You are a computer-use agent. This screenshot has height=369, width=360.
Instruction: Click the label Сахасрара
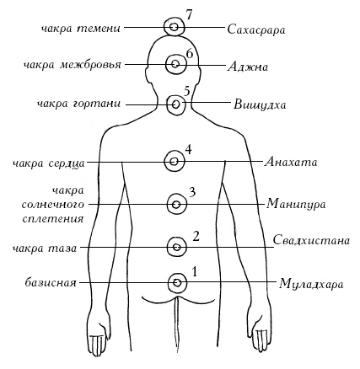256,29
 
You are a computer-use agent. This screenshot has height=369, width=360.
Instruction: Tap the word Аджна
248,67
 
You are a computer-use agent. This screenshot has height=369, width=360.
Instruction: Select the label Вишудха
260,104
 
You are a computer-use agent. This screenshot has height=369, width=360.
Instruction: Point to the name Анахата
291,162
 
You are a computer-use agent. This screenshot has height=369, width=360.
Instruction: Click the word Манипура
296,204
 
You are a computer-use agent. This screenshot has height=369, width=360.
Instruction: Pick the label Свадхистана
311,241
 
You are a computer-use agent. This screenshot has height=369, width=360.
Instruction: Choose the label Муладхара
311,284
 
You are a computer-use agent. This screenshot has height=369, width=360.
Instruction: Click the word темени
99,29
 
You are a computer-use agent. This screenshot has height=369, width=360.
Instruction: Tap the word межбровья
90,65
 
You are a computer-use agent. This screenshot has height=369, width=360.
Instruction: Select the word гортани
97,104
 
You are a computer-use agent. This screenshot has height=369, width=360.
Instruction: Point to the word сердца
67,163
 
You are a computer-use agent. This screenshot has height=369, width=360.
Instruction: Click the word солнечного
53,205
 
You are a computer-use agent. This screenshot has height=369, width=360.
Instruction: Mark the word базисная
51,282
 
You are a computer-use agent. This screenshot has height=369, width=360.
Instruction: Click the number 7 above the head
189,15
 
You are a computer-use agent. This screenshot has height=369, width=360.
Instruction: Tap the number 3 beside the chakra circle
192,193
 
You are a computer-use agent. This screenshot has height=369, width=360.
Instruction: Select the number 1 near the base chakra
195,272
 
